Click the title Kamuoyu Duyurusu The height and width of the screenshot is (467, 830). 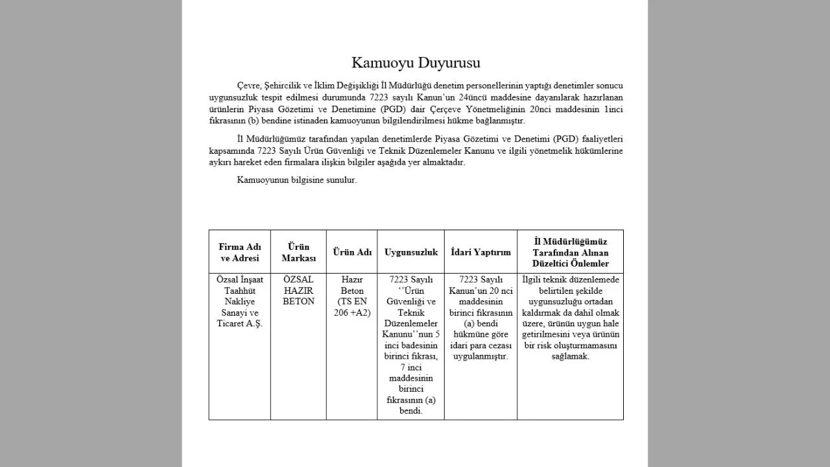pos(416,63)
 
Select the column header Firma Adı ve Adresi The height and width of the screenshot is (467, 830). pos(240,252)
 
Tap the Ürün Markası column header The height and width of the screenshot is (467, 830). pos(299,252)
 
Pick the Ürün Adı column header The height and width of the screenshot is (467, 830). pos(352,252)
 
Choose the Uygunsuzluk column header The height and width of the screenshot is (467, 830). pos(411,252)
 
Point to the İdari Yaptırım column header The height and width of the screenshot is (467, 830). pos(480,252)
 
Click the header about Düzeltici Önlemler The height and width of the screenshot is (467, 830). pos(571,252)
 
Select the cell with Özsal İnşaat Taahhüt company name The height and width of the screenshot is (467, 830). pos(240,302)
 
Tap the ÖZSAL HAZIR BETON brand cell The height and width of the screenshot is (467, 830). pos(299,291)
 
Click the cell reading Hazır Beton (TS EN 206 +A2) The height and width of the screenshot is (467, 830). pos(352,296)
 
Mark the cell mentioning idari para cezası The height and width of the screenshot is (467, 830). pos(480,318)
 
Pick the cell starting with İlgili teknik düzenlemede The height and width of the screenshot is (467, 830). pos(571,318)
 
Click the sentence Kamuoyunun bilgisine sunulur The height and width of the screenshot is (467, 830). pos(297,180)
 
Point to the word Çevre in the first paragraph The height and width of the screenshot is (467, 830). pos(249,86)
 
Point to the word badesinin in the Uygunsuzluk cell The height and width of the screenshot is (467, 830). pos(418,345)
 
